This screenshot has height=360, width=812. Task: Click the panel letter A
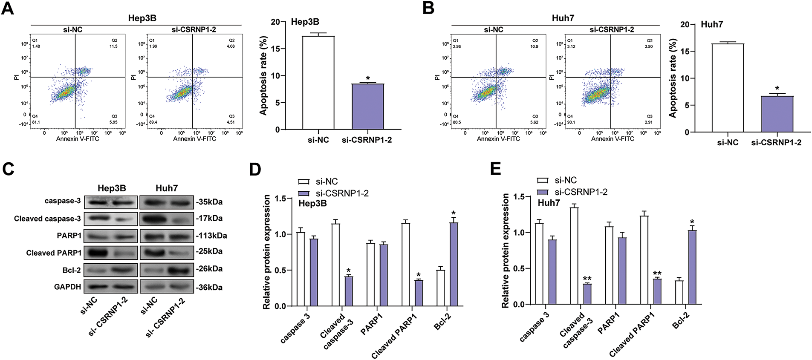8,9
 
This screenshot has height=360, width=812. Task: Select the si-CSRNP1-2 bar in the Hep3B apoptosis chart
367,107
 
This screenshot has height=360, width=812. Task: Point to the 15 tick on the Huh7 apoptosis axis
685,52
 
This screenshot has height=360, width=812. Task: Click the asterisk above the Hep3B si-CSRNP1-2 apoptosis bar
368,79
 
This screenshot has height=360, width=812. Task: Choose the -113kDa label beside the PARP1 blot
211,236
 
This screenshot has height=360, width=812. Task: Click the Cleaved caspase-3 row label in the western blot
47,219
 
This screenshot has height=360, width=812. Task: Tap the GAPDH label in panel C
67,287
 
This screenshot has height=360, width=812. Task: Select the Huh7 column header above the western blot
167,188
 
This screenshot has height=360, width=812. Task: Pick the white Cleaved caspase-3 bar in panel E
574,256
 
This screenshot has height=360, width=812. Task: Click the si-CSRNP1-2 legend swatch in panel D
304,193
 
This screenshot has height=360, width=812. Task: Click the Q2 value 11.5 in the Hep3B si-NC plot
113,46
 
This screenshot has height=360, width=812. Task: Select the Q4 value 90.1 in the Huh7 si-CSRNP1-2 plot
571,122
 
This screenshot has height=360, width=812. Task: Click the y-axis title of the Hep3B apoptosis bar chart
263,76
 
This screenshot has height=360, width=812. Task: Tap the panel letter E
495,169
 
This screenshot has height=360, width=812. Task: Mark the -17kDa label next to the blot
209,219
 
